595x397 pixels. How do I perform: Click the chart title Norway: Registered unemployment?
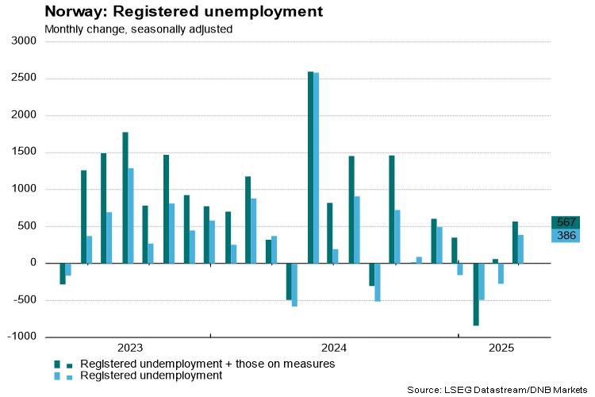coord(173,12)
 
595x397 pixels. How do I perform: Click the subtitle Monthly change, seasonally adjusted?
coord(138,29)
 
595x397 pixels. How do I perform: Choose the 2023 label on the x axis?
coord(130,348)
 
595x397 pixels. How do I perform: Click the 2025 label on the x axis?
coord(501,348)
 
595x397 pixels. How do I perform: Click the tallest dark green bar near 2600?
coord(310,167)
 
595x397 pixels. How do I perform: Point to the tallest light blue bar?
coord(317,168)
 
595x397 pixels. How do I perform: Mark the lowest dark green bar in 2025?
coord(476,294)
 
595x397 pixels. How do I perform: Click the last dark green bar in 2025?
coord(515,242)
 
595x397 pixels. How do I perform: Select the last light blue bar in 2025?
coord(521,249)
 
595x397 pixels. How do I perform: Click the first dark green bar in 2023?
coord(63,273)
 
